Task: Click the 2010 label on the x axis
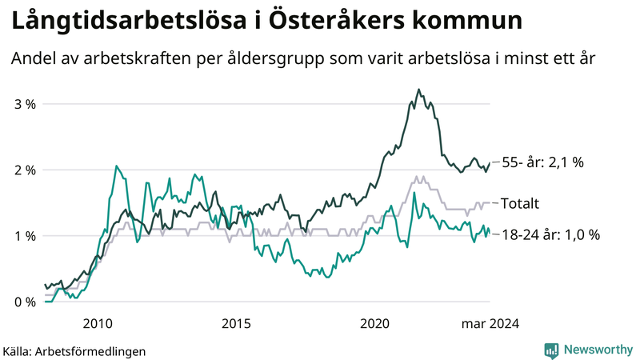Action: [x=98, y=323]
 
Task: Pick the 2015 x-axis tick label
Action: [x=236, y=323]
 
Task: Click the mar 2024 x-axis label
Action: [x=490, y=323]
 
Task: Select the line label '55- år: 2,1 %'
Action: [x=542, y=162]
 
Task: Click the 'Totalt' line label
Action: [x=520, y=203]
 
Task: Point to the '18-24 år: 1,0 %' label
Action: [x=550, y=235]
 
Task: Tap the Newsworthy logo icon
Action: [x=552, y=350]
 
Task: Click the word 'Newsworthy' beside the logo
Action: [x=596, y=350]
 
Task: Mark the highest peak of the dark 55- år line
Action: [x=418, y=90]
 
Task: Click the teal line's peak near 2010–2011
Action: [x=117, y=166]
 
